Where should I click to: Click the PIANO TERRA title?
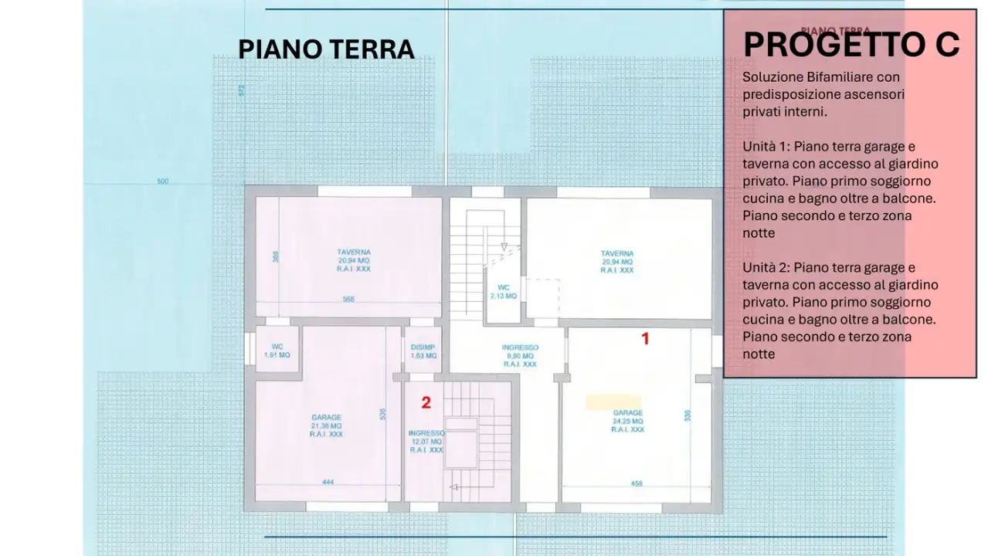tap(326, 49)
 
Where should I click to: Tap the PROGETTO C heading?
tap(850, 44)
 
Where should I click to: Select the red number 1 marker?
tap(646, 338)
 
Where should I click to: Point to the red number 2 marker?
tap(425, 402)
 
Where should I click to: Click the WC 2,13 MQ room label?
tap(504, 291)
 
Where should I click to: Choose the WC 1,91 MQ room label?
tap(276, 351)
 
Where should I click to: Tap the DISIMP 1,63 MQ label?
tap(423, 351)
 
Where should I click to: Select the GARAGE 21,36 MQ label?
tap(326, 425)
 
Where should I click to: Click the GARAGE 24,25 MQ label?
tap(627, 421)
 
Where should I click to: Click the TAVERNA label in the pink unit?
tap(353, 261)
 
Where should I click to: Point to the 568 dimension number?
tap(348, 300)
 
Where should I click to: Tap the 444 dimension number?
tap(328, 483)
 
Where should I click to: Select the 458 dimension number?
tap(637, 484)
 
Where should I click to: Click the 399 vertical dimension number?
tap(276, 257)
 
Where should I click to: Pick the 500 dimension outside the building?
tap(162, 182)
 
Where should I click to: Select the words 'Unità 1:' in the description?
tap(766, 147)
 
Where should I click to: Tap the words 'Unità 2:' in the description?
tap(766, 268)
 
